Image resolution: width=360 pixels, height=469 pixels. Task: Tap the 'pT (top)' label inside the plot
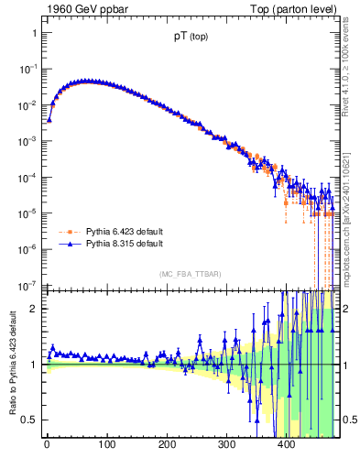pyautogui.click(x=190, y=39)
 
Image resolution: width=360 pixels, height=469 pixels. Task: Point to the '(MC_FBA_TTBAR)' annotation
pyautogui.click(x=190, y=274)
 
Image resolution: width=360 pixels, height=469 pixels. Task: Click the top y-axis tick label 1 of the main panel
pyautogui.click(x=34, y=33)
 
